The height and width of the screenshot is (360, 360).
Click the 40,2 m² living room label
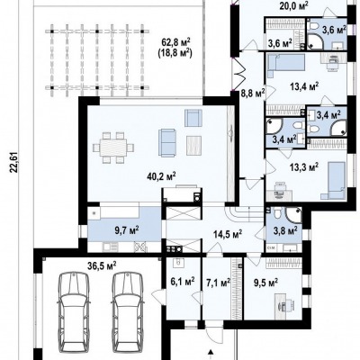[x=161, y=176]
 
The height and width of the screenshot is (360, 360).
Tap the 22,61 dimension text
[x=13, y=163]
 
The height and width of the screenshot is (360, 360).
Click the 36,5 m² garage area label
[x=102, y=265]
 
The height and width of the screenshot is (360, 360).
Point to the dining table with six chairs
[x=113, y=148]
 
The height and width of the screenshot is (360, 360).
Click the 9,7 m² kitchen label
[x=127, y=230]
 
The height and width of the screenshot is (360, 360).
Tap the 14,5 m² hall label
[x=228, y=234]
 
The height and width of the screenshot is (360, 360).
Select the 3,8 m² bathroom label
[x=285, y=230]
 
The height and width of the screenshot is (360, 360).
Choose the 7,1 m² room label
[x=219, y=282]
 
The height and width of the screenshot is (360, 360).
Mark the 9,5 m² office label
[x=265, y=283]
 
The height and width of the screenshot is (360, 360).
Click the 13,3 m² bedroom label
[x=304, y=166]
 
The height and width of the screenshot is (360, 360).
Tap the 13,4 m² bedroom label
[x=304, y=86]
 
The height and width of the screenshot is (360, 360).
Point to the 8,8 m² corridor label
[x=253, y=93]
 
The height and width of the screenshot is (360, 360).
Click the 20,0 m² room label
[x=294, y=6]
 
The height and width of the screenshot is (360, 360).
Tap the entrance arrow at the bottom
[x=211, y=352]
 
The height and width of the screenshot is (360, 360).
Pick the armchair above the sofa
[x=193, y=118]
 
